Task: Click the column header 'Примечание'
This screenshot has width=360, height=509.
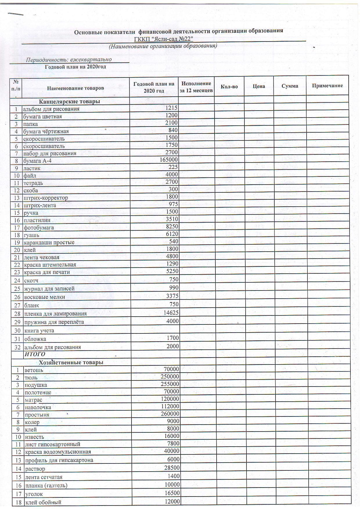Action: pos(327,86)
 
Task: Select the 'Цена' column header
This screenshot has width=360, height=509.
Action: pos(259,86)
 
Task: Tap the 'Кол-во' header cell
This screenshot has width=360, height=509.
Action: pos(229,86)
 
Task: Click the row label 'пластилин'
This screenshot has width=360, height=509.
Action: pos(37,220)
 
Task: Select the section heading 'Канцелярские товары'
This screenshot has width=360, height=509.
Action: pos(70,101)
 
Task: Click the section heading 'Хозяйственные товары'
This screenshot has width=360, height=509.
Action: pos(71,362)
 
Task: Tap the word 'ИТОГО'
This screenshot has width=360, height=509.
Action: pos(35,354)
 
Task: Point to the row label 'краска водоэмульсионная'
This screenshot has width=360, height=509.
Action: pos(58,452)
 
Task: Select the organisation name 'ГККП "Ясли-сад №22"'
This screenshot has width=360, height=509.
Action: pos(164,39)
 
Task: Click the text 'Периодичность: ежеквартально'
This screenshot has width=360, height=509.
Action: pos(69,60)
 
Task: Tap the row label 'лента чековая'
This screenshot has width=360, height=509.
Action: pos(42,257)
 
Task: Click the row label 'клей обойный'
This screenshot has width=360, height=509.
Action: pos(43,502)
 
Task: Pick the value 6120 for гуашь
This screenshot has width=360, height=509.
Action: pos(172,234)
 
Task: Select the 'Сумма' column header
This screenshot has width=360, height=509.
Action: pos(290,86)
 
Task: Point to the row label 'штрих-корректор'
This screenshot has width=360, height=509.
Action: pos(46,198)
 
